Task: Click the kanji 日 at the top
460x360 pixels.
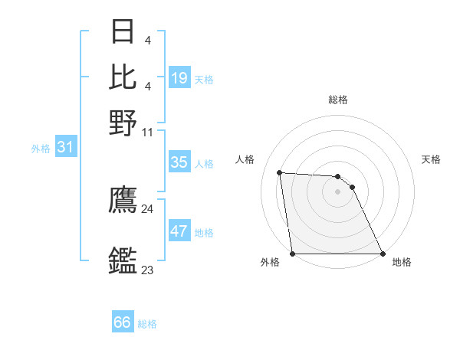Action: (x=123, y=32)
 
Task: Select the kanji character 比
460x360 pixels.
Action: (x=123, y=77)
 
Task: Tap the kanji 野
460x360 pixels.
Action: (x=123, y=123)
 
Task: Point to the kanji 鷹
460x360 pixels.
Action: (x=123, y=201)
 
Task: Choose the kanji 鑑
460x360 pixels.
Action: (x=123, y=261)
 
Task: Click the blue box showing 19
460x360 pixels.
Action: (x=179, y=78)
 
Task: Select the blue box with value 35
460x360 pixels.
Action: (x=179, y=162)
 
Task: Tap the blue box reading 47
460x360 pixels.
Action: (x=179, y=231)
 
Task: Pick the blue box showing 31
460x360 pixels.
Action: (x=65, y=147)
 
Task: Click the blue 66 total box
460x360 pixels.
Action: (x=123, y=322)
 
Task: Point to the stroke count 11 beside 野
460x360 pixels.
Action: (x=148, y=132)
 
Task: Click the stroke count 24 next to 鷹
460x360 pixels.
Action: (x=148, y=208)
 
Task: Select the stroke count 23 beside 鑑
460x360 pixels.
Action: (x=148, y=270)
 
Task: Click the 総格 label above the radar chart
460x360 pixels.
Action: (x=338, y=100)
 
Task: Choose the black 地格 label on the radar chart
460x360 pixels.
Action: (x=402, y=262)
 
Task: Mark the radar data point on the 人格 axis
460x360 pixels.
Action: (x=280, y=172)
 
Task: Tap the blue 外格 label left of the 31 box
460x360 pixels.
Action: (x=41, y=149)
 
